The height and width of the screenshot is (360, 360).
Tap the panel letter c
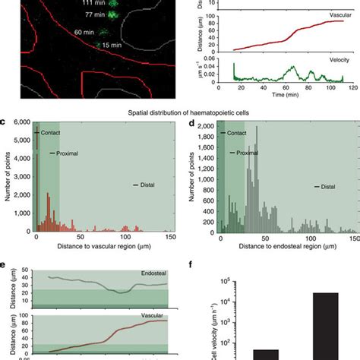click(4, 122)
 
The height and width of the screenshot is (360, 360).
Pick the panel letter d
click(189, 122)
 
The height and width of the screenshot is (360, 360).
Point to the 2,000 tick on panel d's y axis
click(206, 123)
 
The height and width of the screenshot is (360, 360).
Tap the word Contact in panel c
click(49, 134)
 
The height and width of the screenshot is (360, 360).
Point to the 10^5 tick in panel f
click(226, 282)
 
